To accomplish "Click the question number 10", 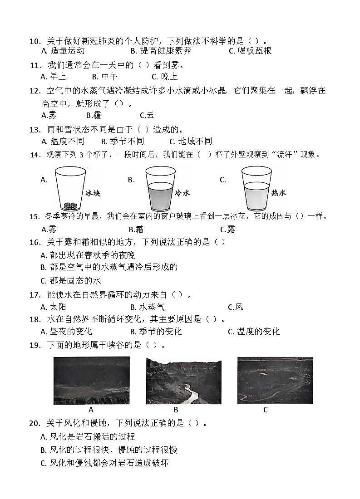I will click(x=35, y=41).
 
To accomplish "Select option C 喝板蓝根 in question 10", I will click(x=250, y=51).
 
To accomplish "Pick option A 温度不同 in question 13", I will click(x=63, y=141).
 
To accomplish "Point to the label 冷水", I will click(x=182, y=193).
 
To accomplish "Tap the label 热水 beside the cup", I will click(x=278, y=193).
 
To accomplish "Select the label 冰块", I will click(x=93, y=193).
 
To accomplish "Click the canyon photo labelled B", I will click(x=183, y=380).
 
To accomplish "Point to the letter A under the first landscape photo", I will click(x=91, y=410).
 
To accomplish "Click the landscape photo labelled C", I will click(x=275, y=380).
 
